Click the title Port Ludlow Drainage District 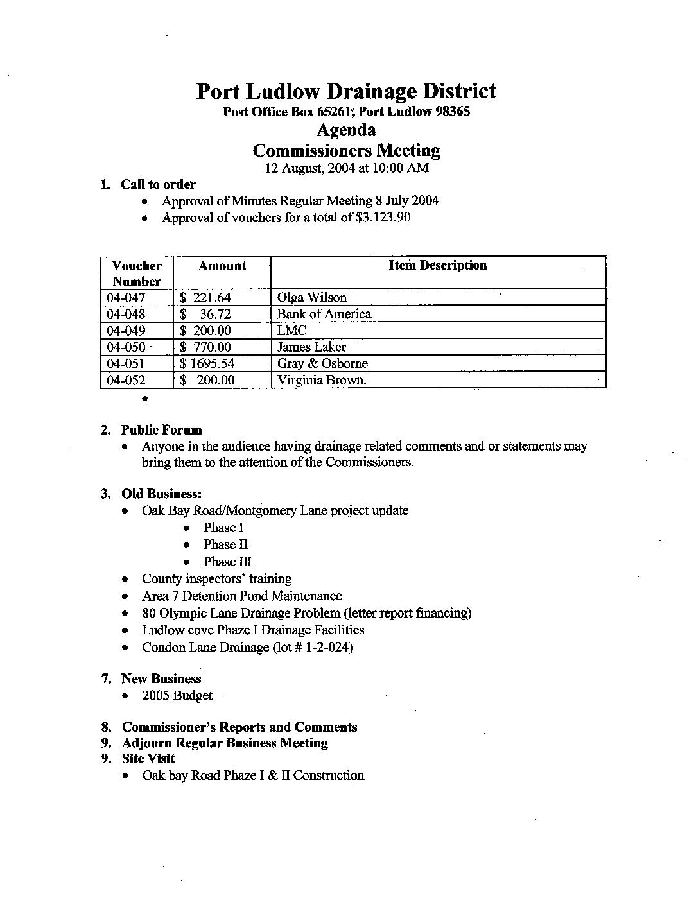point(346,91)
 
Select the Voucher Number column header point(137,273)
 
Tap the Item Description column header point(438,266)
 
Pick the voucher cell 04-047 point(126,298)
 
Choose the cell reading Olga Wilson point(311,298)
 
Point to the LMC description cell point(291,331)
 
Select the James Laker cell point(311,347)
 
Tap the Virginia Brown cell point(322,380)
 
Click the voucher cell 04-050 point(126,347)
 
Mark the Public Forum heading point(161,430)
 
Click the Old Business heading point(162,494)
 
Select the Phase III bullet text point(227,562)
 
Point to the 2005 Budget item point(177,696)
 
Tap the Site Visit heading point(148,759)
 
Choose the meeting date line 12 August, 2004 point(347,168)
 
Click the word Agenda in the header point(346,130)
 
